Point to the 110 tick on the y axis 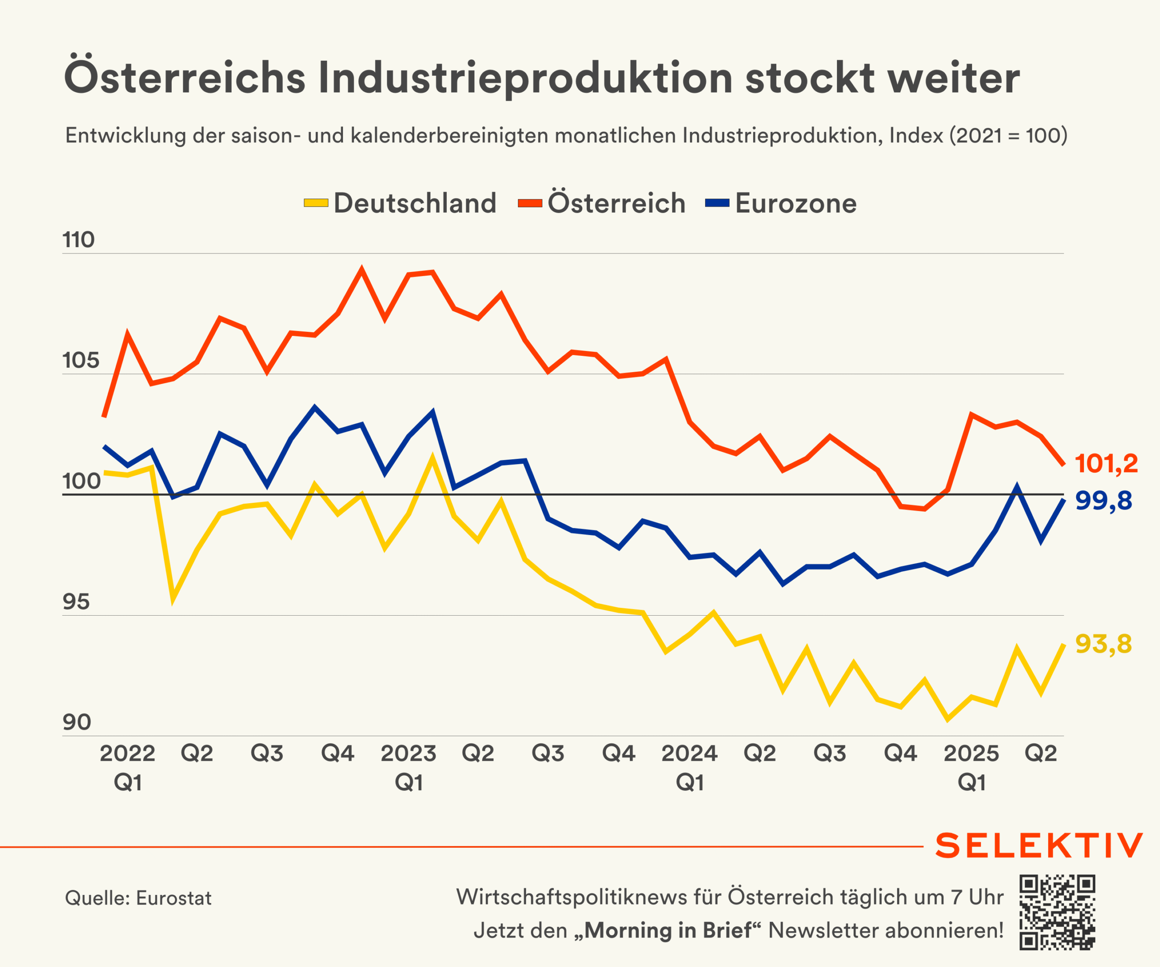(x=78, y=240)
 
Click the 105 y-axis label (x=81, y=361)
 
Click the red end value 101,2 (x=1106, y=464)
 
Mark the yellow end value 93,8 (x=1103, y=644)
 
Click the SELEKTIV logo (x=1039, y=846)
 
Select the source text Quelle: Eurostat (x=138, y=899)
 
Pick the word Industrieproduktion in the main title (x=525, y=78)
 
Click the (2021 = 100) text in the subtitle (x=1008, y=136)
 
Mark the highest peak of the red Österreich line (x=362, y=269)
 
